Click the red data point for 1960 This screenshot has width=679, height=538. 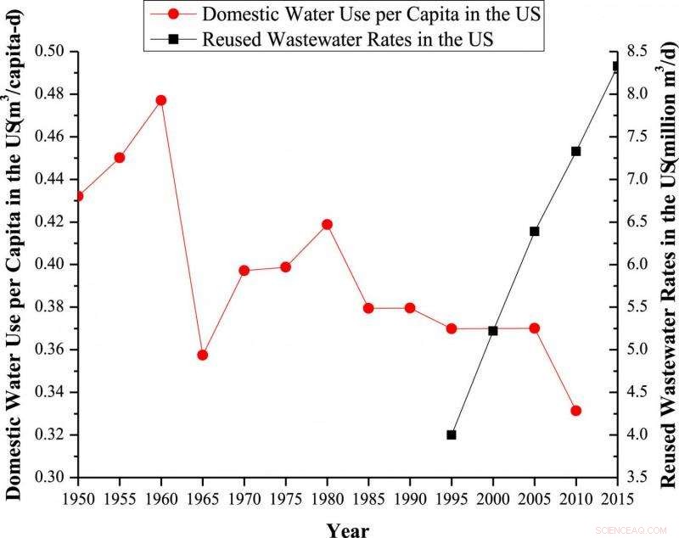pos(160,100)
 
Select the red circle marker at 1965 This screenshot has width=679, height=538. pos(202,355)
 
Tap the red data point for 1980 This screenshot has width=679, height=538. pos(327,225)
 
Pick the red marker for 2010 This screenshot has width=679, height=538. pos(575,411)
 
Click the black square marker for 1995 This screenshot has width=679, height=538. pos(452,434)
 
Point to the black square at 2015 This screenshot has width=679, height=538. pos(617,66)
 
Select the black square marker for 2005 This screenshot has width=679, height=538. pos(535,231)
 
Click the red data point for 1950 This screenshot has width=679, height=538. pos(78,196)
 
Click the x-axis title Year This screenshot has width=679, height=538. pos(348,530)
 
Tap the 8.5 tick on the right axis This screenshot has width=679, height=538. pos(639,52)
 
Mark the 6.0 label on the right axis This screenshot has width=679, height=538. pos(639,265)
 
